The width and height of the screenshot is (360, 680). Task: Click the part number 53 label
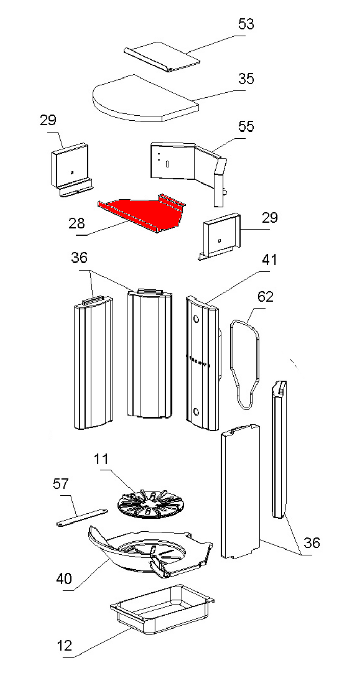click(246, 24)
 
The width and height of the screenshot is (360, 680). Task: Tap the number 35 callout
click(246, 80)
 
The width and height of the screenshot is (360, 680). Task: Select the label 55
click(246, 126)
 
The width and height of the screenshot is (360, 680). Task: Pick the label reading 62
click(266, 297)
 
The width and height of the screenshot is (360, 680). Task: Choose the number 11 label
click(101, 459)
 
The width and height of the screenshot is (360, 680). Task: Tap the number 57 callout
click(61, 484)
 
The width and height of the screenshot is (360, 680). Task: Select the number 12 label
click(64, 646)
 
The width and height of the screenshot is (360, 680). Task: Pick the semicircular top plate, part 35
click(143, 99)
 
